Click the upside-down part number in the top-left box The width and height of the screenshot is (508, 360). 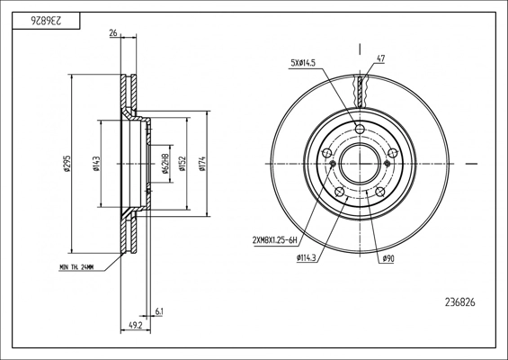coord(46,21)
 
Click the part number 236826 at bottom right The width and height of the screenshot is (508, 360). coord(460,302)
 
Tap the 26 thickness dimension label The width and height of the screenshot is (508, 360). coord(113,33)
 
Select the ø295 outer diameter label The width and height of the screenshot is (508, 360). coord(67,164)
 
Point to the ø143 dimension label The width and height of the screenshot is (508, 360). coord(96,164)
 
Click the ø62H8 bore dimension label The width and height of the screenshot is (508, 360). coord(165,164)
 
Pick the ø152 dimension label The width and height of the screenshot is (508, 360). coord(183,164)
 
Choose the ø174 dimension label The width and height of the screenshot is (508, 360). coord(202,164)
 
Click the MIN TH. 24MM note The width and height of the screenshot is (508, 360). coord(76,267)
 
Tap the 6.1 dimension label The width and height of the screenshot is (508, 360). coord(159,312)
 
